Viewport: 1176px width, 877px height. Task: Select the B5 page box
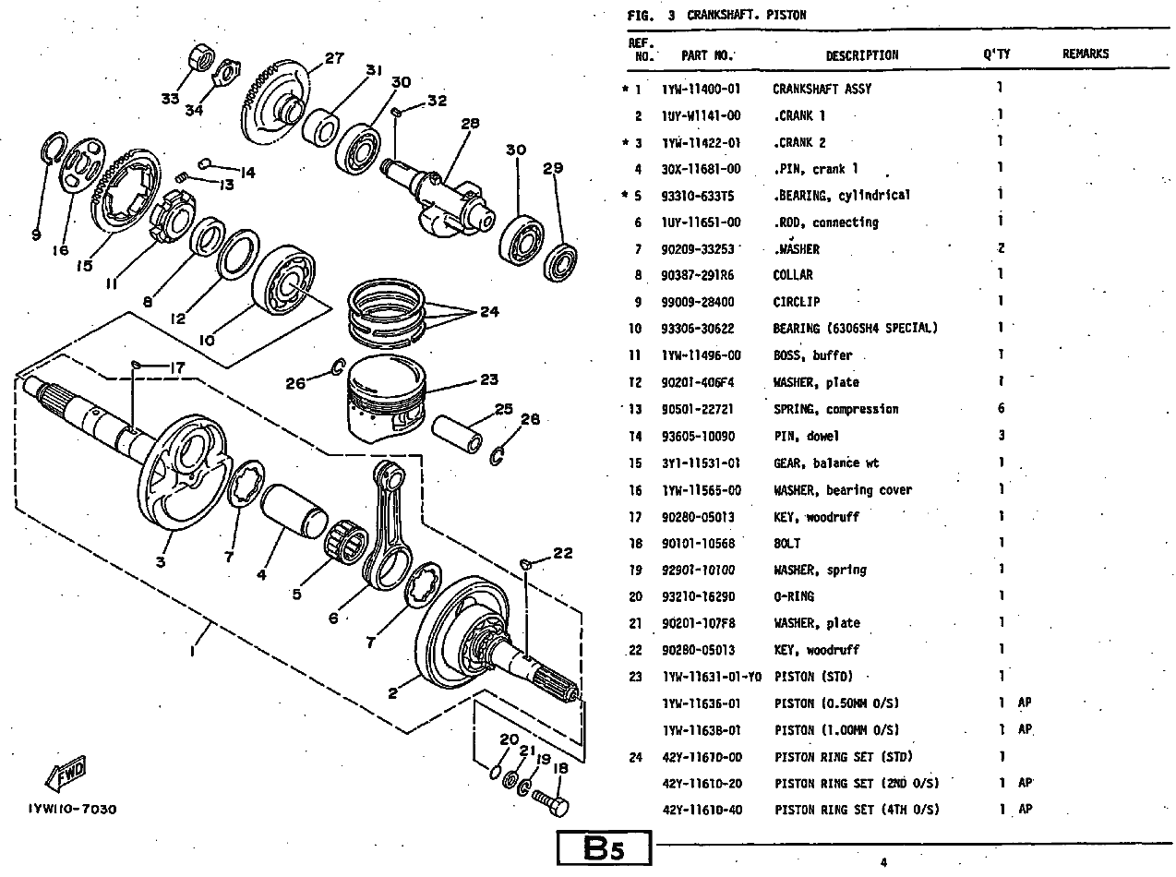pyautogui.click(x=605, y=849)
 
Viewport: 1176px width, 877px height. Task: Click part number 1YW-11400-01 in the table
pyautogui.click(x=701, y=90)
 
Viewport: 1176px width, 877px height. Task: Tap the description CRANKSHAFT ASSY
pyautogui.click(x=822, y=90)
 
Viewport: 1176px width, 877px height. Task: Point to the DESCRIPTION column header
pyautogui.click(x=861, y=55)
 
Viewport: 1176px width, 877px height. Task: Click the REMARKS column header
pyautogui.click(x=1085, y=54)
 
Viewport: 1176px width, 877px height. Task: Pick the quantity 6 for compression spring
pyautogui.click(x=1001, y=409)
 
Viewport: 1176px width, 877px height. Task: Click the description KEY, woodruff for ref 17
pyautogui.click(x=816, y=517)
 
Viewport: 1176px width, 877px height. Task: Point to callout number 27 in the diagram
pyautogui.click(x=334, y=58)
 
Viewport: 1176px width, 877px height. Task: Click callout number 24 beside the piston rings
pyautogui.click(x=488, y=312)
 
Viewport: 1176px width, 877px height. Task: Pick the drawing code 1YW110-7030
pyautogui.click(x=72, y=810)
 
